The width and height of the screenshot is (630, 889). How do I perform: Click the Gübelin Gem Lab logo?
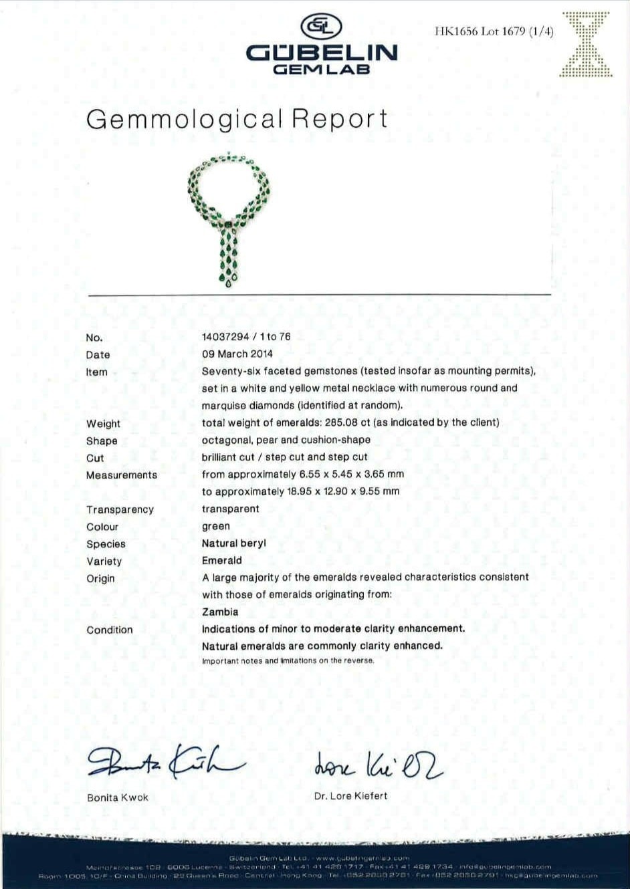pos(321,45)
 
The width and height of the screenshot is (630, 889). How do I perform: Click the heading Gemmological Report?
pos(237,119)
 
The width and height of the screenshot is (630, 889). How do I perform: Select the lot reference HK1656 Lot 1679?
pos(494,31)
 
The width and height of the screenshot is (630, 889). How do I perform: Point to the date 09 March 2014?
pos(237,354)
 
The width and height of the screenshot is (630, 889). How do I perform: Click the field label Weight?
pos(103,424)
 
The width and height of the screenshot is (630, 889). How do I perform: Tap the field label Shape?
pos(102,441)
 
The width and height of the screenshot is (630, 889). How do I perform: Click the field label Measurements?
pos(122,475)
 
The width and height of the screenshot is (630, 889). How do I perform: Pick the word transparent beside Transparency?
pos(230,509)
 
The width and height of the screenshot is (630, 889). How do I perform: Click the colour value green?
pos(216,527)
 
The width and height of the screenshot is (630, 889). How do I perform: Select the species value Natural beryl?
pos(234,543)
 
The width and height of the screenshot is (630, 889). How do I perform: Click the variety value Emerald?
pos(222,561)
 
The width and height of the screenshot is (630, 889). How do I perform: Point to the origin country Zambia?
pos(220,612)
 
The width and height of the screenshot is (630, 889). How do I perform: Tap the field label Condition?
pos(110,630)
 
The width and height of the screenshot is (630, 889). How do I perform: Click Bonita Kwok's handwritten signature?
pos(164,761)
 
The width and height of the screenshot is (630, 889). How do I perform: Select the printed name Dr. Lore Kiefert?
pos(350,796)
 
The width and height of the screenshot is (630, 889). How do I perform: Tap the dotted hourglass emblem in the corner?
pos(585,43)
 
